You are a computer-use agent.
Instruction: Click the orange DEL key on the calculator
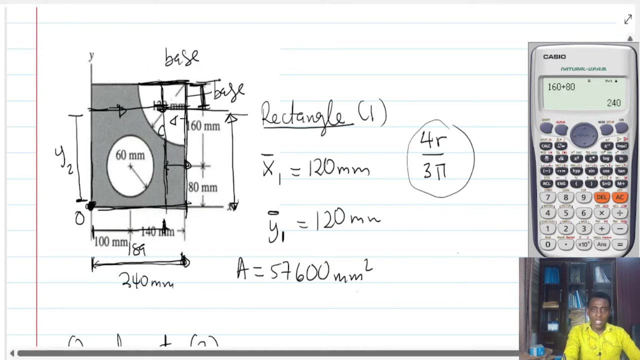click(601, 197)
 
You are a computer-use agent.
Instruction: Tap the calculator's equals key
click(620, 244)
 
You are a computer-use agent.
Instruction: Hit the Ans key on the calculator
click(601, 244)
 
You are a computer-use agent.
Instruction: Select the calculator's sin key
click(591, 171)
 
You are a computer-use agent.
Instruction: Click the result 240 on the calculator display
click(613, 103)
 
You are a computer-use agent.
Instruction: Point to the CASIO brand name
click(554, 57)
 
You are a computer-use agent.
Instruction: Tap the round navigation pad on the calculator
click(583, 132)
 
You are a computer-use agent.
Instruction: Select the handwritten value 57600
click(299, 272)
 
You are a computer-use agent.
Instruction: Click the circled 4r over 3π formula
click(440, 158)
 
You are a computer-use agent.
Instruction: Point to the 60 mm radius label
click(130, 155)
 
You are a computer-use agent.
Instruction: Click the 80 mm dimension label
click(202, 188)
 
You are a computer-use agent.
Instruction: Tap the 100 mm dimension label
click(110, 242)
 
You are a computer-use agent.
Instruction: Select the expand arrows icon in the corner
click(628, 19)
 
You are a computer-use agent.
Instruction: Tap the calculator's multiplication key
click(601, 213)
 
